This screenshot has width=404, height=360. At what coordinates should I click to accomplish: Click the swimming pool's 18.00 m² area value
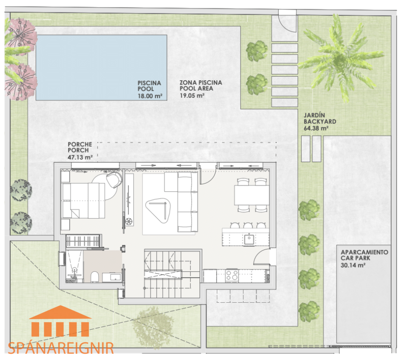(x=150, y=96)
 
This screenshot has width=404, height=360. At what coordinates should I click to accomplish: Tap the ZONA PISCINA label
(x=201, y=82)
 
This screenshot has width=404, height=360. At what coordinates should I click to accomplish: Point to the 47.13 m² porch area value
(x=80, y=157)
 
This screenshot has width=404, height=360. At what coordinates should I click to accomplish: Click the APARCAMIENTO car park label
(x=364, y=252)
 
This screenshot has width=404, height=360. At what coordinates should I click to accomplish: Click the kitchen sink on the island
(x=249, y=239)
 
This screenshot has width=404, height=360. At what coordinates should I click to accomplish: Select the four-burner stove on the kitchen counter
(x=232, y=275)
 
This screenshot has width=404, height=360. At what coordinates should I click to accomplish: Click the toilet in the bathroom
(x=94, y=277)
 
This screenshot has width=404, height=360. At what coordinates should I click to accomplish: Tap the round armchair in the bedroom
(x=114, y=180)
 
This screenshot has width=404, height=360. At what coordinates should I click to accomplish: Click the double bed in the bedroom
(x=84, y=201)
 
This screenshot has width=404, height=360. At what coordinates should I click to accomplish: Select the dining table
(x=252, y=195)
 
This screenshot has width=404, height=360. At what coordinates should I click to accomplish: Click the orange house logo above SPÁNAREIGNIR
(x=60, y=321)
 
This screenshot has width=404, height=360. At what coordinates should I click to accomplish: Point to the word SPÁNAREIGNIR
(x=61, y=348)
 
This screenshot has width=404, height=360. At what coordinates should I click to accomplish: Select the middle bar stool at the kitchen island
(x=248, y=226)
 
